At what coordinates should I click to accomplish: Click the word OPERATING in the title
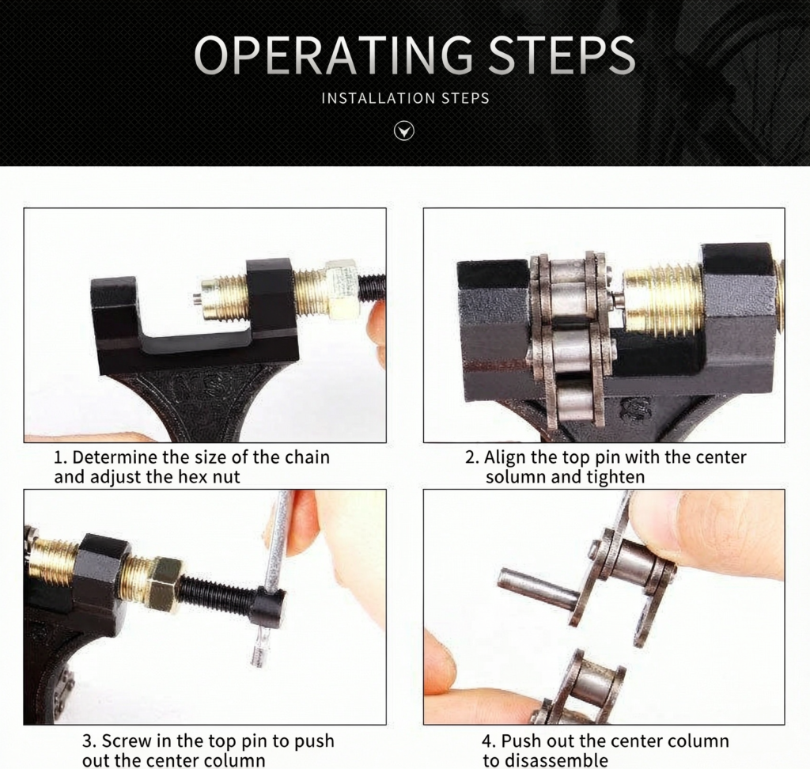pos(333,55)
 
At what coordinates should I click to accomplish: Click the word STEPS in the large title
pos(562,55)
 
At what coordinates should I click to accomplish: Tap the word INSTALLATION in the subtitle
pos(378,98)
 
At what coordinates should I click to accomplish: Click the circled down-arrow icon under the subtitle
pos(404,131)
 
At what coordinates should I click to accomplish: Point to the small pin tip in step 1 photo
pos(197,298)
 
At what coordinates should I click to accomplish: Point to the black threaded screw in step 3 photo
pos(217,597)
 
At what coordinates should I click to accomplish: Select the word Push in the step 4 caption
pos(520,741)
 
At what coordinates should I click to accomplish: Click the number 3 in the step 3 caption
pos(88,741)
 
